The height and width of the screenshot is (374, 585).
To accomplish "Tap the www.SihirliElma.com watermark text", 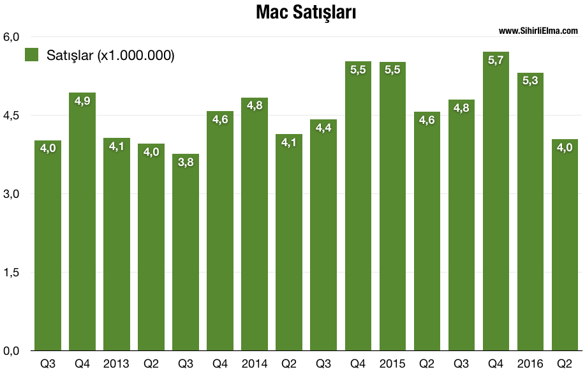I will [538, 31].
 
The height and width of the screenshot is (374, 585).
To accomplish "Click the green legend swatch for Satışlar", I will [32, 55].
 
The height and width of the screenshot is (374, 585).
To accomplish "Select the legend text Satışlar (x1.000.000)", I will [110, 56].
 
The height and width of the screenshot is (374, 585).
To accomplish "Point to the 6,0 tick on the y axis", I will [12, 36].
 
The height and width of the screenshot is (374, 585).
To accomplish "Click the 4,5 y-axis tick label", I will [12, 116].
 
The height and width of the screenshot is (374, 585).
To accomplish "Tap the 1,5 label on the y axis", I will [12, 273].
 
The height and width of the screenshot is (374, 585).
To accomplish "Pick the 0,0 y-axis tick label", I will [12, 351].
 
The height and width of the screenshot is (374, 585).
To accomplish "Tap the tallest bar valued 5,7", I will [496, 204].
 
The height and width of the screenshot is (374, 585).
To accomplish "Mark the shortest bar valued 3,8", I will [185, 255].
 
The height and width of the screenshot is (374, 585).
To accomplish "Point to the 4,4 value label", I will [323, 128].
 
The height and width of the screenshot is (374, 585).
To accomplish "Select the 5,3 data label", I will [530, 81].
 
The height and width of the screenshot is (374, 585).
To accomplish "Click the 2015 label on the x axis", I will [392, 364].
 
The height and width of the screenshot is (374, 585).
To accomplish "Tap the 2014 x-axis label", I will [254, 364].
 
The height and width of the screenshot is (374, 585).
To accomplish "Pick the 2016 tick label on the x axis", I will [530, 364].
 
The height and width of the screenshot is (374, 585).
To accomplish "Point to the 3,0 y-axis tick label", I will [12, 194].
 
